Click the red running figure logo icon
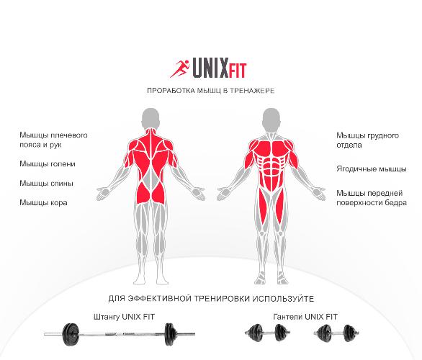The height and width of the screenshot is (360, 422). [x=180, y=69]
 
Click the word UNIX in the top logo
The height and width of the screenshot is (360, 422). [x=211, y=68]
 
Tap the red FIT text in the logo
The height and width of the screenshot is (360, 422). [x=238, y=71]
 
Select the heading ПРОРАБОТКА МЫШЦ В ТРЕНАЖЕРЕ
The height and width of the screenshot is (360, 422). [x=211, y=91]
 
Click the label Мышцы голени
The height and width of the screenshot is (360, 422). [x=48, y=164]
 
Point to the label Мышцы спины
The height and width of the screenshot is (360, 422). [x=46, y=184]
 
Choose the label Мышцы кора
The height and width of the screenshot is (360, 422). [x=43, y=202]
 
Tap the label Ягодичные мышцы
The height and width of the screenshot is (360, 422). [x=372, y=169]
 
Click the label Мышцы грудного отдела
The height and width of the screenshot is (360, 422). [x=368, y=140]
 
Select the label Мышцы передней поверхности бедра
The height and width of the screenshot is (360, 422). [x=372, y=198]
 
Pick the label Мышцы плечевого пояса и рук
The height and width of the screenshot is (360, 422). [x=53, y=140]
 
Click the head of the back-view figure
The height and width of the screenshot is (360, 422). [x=151, y=119]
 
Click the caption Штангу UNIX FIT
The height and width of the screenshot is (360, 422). [x=125, y=317]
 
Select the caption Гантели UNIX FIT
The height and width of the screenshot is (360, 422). [x=305, y=317]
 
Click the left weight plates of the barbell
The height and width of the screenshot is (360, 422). [x=71, y=334]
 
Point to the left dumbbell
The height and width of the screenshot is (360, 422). [x=267, y=333]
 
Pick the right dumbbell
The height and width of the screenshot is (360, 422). [x=336, y=333]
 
